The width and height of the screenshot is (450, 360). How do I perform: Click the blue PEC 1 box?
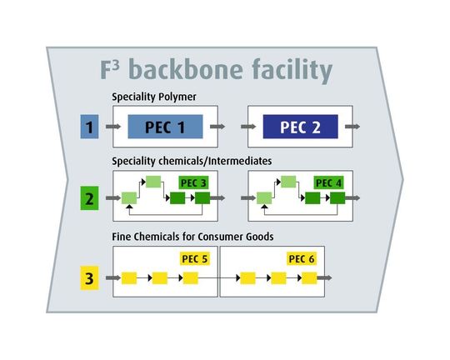coord(166,127)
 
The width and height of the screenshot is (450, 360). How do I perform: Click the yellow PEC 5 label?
coord(192,258)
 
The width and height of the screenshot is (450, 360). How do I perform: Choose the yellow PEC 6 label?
coord(302,258)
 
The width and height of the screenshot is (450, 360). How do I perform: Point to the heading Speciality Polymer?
coord(153,97)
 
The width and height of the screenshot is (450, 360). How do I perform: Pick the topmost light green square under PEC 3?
coord(152,182)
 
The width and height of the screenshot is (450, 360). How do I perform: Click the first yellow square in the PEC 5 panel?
coord(129,277)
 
